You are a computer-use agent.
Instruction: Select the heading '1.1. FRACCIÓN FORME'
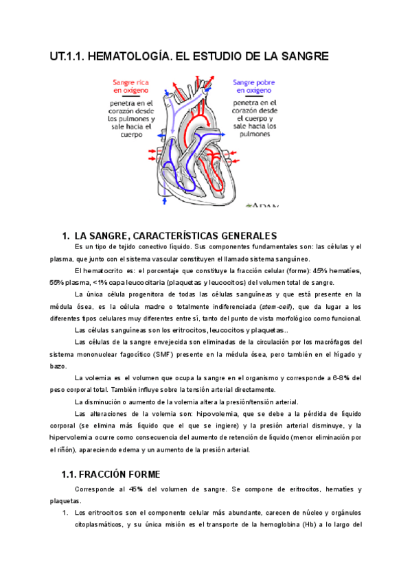(x=111, y=474)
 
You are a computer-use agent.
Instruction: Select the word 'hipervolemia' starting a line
(x=74, y=438)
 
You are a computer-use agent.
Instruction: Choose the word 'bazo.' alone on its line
(x=58, y=366)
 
